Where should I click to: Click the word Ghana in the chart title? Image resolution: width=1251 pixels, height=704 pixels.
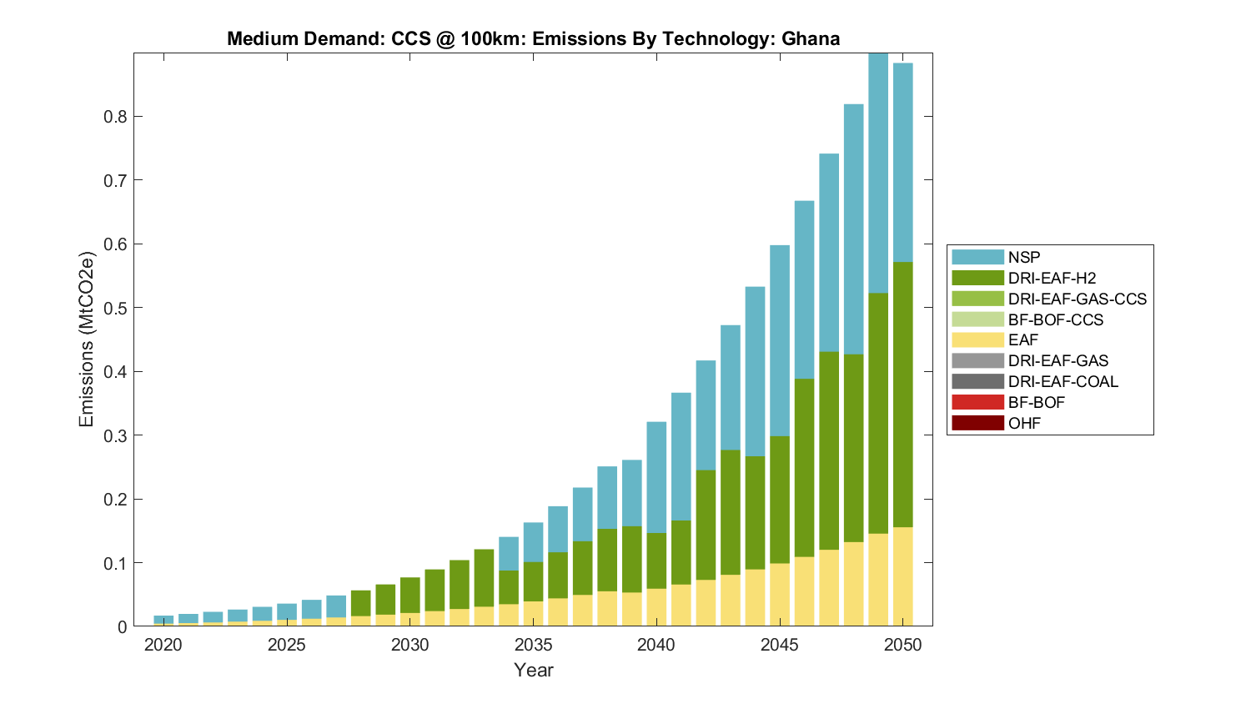coord(811,39)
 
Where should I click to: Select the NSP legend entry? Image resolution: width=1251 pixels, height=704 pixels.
coord(1023,257)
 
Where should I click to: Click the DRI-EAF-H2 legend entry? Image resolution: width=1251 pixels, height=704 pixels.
coord(1051,278)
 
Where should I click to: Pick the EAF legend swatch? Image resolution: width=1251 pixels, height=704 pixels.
coord(977,340)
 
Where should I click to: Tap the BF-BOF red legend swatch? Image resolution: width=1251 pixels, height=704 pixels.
coord(977,402)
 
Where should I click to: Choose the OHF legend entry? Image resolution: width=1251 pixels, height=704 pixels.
coord(1024,423)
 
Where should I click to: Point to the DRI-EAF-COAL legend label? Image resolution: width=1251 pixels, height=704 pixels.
coord(1063,381)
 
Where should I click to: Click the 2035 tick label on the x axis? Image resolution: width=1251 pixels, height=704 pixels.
coord(534,645)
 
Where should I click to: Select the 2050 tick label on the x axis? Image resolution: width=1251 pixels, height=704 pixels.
coord(903,645)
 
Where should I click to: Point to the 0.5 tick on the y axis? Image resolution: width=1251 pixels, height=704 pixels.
coord(115,308)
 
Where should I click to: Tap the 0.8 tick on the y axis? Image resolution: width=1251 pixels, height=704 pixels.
coord(115,117)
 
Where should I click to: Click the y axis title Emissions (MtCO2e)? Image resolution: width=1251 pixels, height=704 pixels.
coord(87,339)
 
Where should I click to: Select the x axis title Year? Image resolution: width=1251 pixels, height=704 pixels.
coord(534,670)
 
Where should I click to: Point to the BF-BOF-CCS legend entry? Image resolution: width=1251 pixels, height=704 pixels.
coord(1055,319)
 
